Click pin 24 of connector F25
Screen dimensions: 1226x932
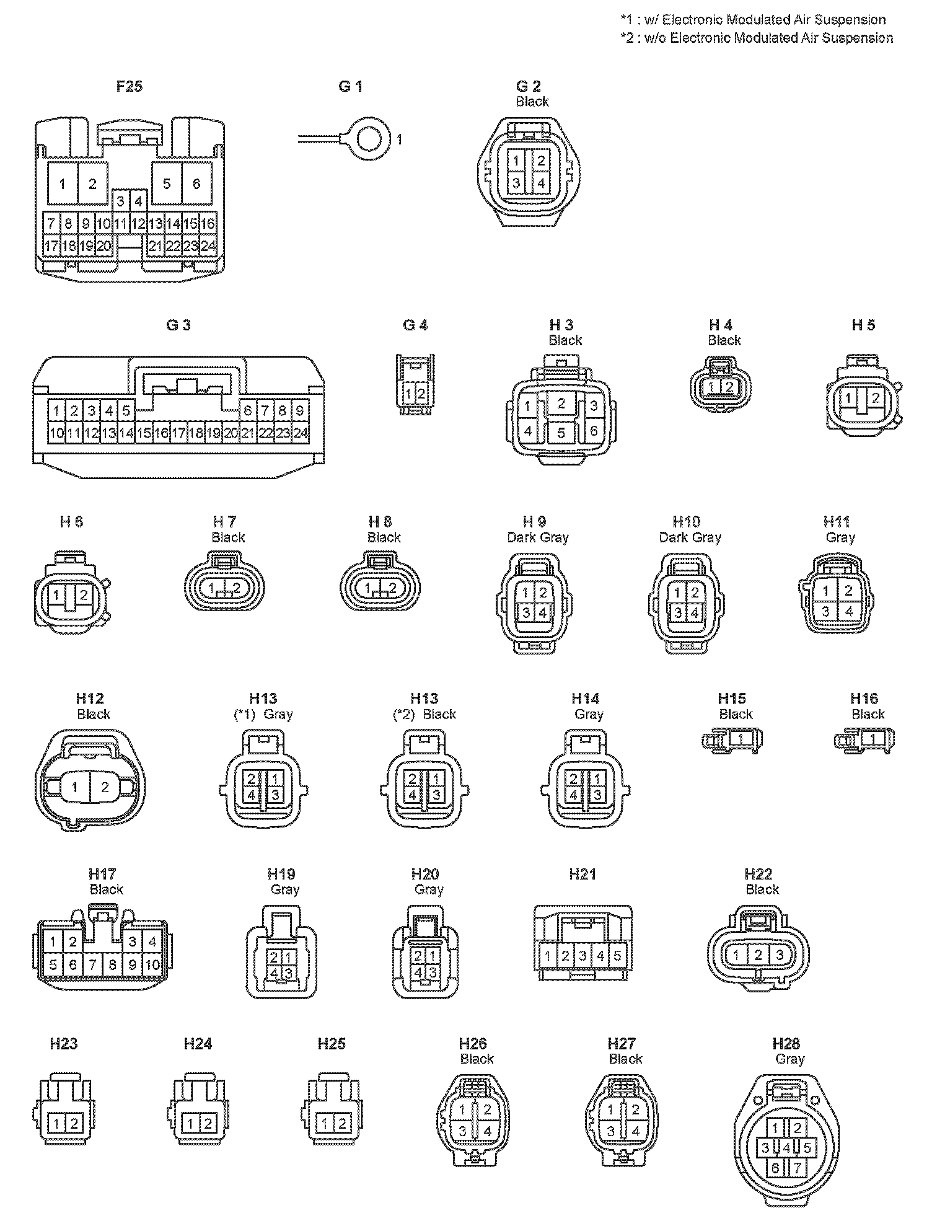coord(209,246)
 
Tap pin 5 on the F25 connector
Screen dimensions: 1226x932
coord(167,183)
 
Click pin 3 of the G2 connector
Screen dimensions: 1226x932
coord(516,183)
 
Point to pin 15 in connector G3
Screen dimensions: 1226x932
coord(144,433)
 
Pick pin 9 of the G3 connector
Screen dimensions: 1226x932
coord(300,410)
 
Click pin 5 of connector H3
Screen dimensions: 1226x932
coord(561,432)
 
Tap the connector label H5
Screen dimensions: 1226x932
coord(863,325)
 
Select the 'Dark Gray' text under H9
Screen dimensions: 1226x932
coord(538,537)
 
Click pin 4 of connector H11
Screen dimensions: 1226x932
coord(848,612)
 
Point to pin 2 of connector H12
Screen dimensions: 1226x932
coord(105,788)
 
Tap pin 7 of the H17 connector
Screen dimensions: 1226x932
coord(93,964)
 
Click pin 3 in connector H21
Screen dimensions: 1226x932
coord(583,956)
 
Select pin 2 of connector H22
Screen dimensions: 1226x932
coord(758,955)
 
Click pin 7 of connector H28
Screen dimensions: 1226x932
coord(797,1168)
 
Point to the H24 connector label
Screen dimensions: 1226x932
coord(198,1044)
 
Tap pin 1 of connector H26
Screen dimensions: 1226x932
coord(463,1109)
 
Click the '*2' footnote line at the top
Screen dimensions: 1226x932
coord(757,38)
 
